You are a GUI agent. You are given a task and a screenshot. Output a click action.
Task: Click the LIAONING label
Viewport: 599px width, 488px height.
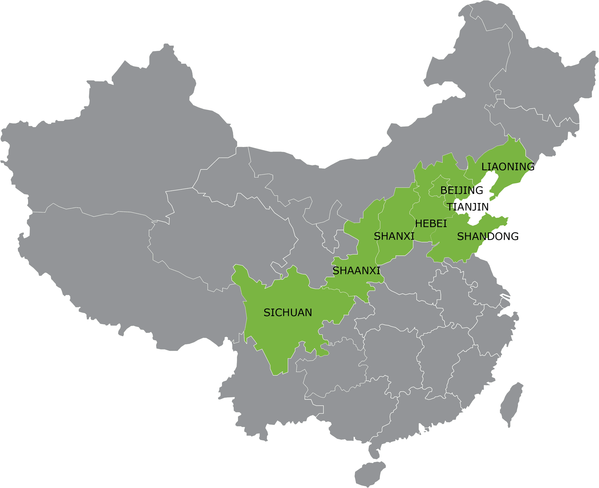[x=508, y=167]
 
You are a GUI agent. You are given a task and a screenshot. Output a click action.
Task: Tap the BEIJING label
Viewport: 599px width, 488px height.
[x=462, y=191]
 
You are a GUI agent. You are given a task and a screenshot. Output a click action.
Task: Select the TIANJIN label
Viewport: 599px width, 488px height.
[x=468, y=207]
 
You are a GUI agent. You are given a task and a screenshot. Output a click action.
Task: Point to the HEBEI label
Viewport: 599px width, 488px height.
[x=431, y=224]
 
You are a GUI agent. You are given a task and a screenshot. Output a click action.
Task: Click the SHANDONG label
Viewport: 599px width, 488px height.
[x=488, y=236]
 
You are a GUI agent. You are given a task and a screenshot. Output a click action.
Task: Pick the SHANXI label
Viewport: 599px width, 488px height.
[x=394, y=236]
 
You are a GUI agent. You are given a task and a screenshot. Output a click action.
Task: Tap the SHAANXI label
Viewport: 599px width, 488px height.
[x=357, y=271]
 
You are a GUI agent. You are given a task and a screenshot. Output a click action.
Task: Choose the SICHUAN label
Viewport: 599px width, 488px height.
[x=288, y=313]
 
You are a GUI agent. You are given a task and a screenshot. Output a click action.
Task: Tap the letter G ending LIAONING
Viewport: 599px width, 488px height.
[x=531, y=167]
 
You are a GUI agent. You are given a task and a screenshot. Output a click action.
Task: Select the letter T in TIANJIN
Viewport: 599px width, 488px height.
[x=450, y=207]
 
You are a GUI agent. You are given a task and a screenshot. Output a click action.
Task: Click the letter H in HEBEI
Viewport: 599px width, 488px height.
[x=419, y=224]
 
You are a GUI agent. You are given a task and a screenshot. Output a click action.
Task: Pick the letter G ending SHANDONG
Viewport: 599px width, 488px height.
[x=514, y=236]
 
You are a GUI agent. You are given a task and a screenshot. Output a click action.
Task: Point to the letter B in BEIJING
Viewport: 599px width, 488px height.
[x=443, y=191]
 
